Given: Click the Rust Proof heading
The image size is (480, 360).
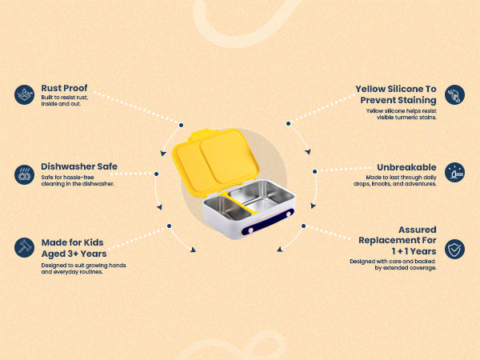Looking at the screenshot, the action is (64, 88).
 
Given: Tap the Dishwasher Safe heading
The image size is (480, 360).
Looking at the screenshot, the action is (79, 166).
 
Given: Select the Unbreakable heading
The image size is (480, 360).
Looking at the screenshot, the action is (406, 167).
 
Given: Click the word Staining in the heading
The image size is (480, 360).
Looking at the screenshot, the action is (418, 100).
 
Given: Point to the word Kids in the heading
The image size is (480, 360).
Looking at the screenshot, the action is (94, 242).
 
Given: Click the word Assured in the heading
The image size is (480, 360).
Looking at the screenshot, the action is (418, 230).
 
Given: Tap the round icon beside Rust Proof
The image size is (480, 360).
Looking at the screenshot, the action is (24, 94).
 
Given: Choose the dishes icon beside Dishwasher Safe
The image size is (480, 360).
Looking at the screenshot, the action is (24, 174).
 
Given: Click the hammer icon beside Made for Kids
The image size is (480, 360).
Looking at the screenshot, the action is (24, 248).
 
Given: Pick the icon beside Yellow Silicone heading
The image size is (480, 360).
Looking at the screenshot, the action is (454, 94).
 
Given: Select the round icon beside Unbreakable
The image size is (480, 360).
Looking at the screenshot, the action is (454, 172).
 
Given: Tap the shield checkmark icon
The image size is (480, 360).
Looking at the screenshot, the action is (454, 249).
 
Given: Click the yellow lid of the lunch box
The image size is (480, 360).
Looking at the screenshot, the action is (215, 162).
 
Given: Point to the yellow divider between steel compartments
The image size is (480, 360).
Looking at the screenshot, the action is (240, 202).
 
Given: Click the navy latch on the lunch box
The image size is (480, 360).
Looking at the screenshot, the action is (268, 222).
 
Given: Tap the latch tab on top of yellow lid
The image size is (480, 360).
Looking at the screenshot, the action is (203, 134).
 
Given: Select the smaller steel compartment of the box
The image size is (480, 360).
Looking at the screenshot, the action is (227, 208).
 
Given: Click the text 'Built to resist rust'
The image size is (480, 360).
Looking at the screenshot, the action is (65, 98).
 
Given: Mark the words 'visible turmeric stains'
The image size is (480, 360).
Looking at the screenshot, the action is (406, 118).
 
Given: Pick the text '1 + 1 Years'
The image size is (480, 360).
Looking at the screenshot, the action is (414, 251).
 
